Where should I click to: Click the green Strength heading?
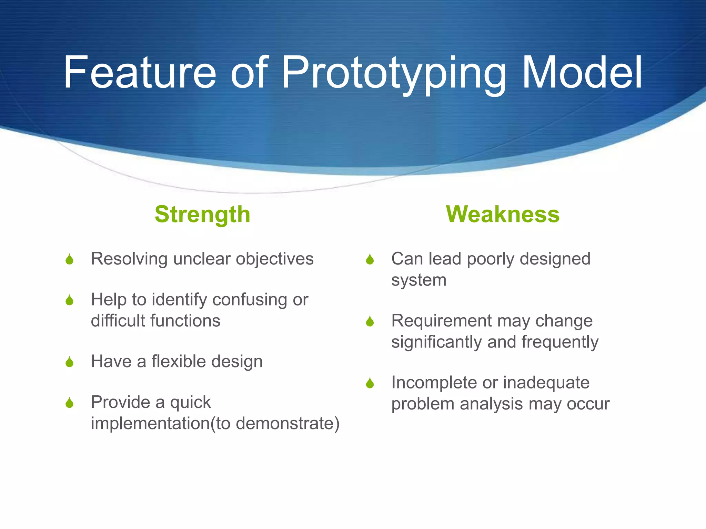[202, 214]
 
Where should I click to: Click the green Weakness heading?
[503, 214]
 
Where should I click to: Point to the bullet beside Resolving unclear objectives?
[70, 259]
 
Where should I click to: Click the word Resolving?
[129, 259]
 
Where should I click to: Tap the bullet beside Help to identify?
[70, 300]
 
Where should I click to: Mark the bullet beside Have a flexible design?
[70, 362]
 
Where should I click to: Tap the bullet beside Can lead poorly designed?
[370, 259]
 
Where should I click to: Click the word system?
[418, 280]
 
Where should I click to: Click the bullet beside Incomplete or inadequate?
[370, 383]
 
